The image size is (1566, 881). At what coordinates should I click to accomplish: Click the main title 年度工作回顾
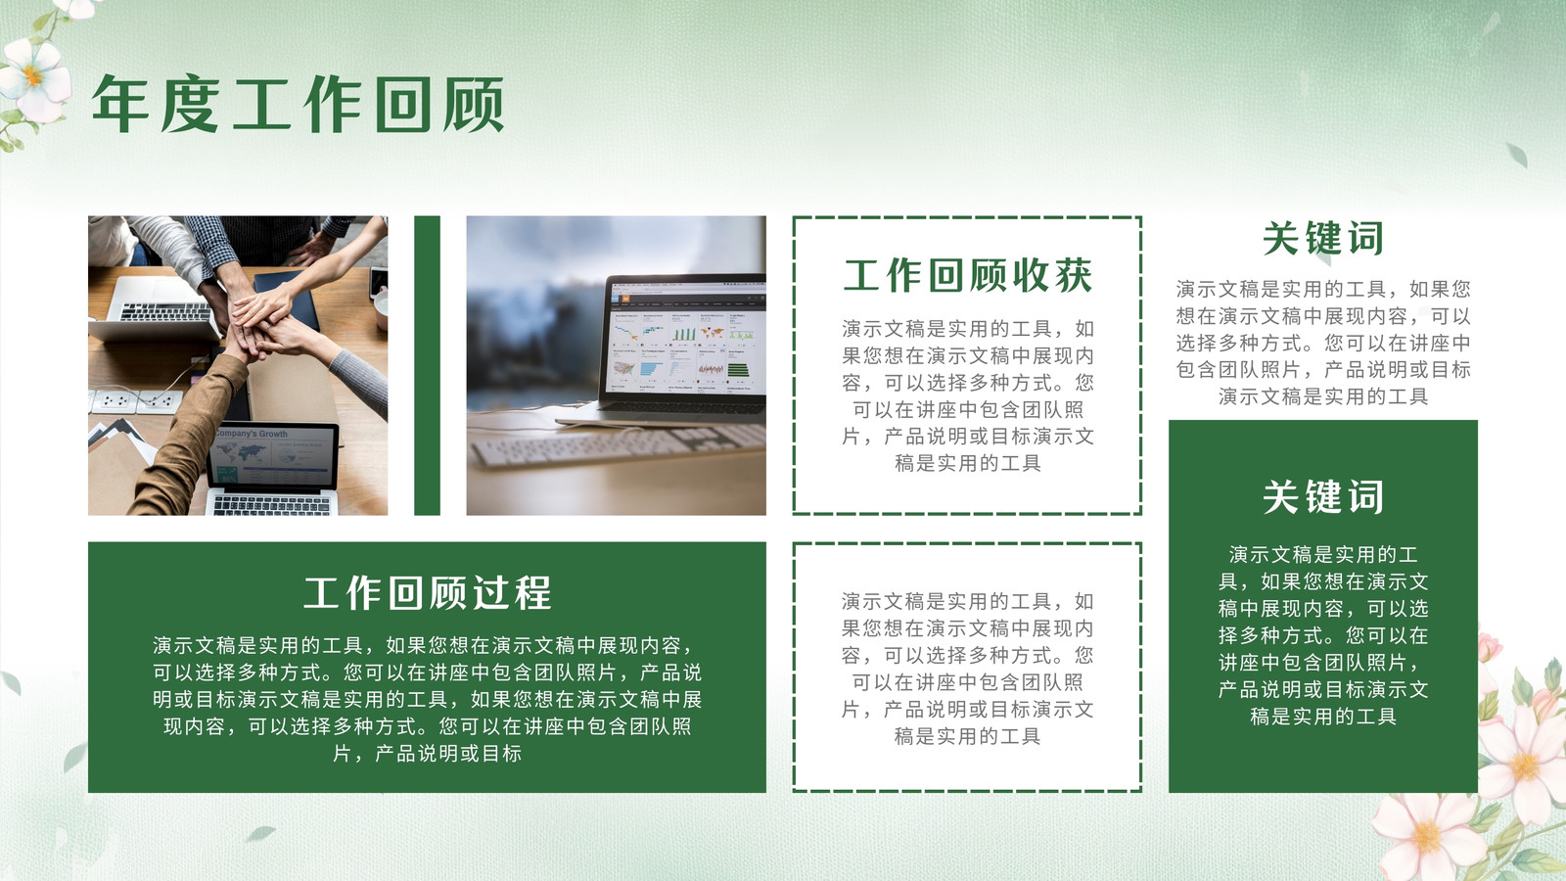298,105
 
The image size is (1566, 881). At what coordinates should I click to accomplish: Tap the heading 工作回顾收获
968,275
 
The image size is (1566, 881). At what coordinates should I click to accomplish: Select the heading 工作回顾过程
427,593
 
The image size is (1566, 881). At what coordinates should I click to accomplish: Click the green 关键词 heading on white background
1322,239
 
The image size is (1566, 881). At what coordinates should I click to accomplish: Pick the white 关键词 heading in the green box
1322,497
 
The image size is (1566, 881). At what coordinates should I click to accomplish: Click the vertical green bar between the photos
427,366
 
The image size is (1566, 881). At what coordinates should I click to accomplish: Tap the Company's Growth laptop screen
274,454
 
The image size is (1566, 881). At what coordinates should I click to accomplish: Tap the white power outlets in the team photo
137,401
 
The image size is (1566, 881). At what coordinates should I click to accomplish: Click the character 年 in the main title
120,105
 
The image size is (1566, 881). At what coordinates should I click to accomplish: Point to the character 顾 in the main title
475,105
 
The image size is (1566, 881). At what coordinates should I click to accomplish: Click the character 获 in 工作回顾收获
1073,275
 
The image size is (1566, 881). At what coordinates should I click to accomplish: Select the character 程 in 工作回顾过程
532,593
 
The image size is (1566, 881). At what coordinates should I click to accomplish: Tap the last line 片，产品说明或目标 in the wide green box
427,753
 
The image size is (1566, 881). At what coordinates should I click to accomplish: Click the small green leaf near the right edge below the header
1516,156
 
